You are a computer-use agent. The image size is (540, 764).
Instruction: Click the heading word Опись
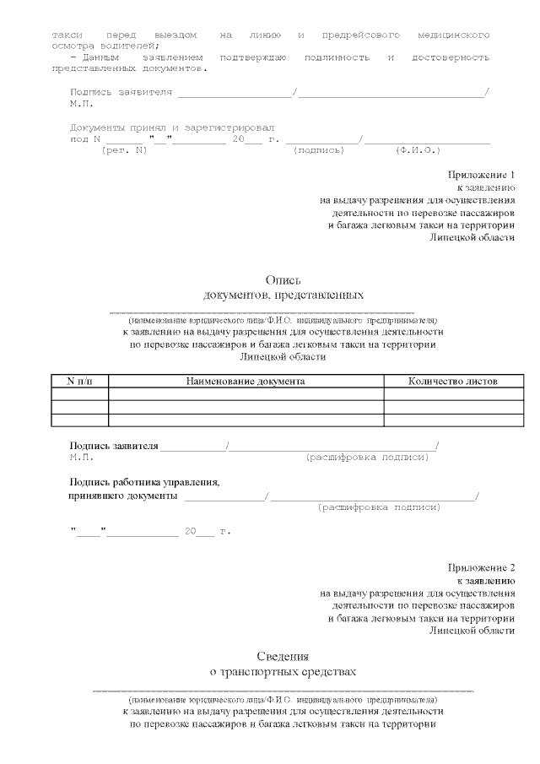(283, 280)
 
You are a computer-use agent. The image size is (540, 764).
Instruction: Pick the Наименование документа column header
(246, 382)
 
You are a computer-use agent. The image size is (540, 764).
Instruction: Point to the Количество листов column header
(452, 382)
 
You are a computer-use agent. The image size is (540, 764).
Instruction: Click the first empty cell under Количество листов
(452, 393)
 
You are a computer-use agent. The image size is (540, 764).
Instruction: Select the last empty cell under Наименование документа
(246, 420)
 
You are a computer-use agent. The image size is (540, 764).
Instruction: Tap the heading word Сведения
(283, 656)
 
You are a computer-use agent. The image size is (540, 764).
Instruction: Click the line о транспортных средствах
(283, 672)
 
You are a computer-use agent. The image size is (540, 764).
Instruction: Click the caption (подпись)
(318, 150)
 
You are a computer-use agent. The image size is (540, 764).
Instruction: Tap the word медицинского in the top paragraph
(454, 35)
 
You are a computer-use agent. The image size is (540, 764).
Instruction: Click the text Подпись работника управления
(144, 482)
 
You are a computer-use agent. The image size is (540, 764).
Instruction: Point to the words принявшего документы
(122, 496)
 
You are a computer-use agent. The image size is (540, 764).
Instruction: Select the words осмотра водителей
(104, 46)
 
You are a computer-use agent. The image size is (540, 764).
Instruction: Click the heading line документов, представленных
(283, 295)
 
